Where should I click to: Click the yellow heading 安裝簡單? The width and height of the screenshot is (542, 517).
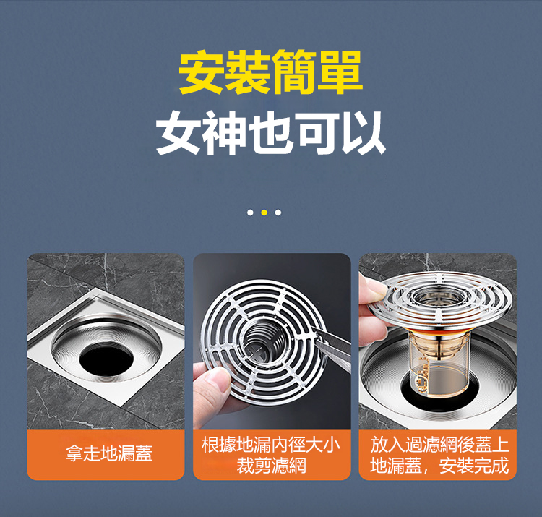point(271,72)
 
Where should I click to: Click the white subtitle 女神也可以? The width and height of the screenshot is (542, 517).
point(271,133)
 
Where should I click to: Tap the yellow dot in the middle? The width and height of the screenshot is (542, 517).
point(264,213)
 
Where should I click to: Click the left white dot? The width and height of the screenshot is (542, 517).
point(250,213)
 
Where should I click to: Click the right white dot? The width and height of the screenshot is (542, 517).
point(278,213)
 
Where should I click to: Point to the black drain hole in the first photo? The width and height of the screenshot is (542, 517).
point(106,359)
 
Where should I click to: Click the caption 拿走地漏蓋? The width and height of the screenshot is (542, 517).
point(109,453)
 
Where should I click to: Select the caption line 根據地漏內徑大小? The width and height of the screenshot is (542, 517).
point(271,445)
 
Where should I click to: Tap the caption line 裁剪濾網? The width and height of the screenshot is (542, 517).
point(271,465)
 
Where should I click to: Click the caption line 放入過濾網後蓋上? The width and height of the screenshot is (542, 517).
point(439,445)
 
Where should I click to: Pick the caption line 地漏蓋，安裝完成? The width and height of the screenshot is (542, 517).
point(439,465)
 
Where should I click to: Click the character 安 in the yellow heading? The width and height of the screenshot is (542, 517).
point(201,72)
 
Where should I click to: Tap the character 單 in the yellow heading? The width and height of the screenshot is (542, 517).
point(340,72)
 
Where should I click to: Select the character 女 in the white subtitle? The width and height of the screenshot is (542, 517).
point(178,133)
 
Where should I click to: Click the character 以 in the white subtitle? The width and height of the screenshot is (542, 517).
point(364,133)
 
